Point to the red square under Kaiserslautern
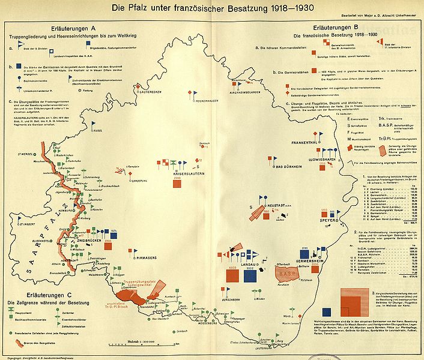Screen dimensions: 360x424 (x=177, y=184)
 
